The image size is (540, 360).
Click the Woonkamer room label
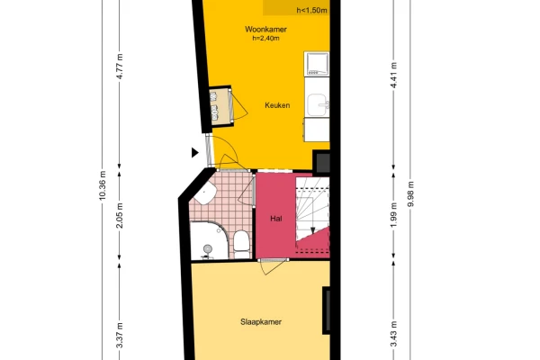[265, 30]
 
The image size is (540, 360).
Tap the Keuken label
[277, 105]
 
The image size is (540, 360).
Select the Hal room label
[276, 219]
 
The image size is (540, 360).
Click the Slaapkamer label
[261, 322]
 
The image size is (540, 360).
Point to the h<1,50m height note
[311, 10]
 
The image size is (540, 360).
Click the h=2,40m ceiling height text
[265, 38]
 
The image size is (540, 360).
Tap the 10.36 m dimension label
[102, 185]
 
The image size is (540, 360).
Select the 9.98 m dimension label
[410, 194]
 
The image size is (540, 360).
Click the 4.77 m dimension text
[120, 67]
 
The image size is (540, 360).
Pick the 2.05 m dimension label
[120, 216]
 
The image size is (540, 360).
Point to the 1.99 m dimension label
[393, 214]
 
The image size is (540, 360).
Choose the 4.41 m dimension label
[393, 75]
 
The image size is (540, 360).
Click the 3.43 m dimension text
[393, 334]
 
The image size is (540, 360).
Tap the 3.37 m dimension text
[120, 335]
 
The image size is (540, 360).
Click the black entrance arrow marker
[195, 152]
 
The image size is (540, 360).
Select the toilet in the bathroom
[240, 241]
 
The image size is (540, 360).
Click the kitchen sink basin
[317, 105]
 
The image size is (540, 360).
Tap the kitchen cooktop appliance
[316, 64]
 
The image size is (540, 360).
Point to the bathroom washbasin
[205, 193]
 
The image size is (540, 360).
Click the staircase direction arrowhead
[312, 230]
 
